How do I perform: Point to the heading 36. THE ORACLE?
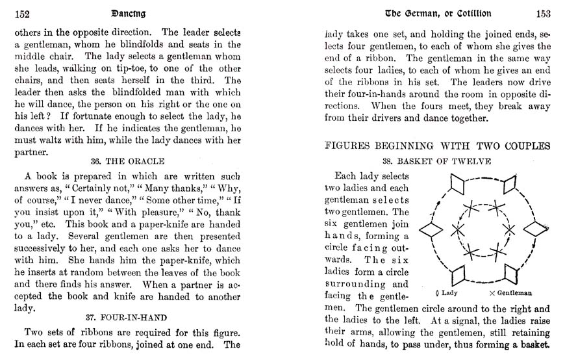click(x=127, y=161)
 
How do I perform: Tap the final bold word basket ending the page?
click(x=534, y=345)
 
